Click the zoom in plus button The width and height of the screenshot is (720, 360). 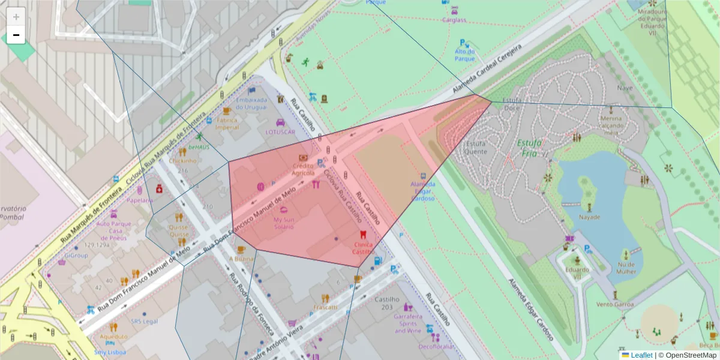click(16, 17)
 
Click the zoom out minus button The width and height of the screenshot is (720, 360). click(16, 35)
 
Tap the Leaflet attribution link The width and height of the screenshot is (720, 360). click(641, 355)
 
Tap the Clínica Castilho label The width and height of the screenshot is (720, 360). click(363, 248)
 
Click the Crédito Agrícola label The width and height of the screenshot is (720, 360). click(303, 169)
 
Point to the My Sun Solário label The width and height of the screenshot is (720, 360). click(284, 223)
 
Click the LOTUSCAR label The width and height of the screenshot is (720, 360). click(280, 131)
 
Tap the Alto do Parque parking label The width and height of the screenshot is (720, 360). click(464, 55)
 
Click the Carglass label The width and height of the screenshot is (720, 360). click(454, 20)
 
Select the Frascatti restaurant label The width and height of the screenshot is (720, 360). click(325, 307)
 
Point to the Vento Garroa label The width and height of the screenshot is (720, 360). click(614, 305)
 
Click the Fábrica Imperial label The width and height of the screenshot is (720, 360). click(227, 123)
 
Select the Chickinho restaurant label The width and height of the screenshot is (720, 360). click(183, 161)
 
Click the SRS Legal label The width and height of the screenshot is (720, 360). click(144, 322)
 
